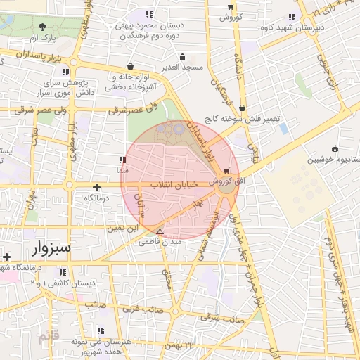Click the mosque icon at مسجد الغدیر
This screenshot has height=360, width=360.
click(183, 56)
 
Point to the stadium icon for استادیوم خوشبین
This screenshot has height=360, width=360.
click(335, 148)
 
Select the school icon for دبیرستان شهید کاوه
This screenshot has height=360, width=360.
click(292, 18)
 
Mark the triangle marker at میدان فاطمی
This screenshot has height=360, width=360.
click(160, 231)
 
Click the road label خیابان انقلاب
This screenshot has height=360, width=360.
click(172, 185)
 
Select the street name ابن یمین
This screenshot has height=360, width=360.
click(121, 228)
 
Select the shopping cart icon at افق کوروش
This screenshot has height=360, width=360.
click(226, 171)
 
